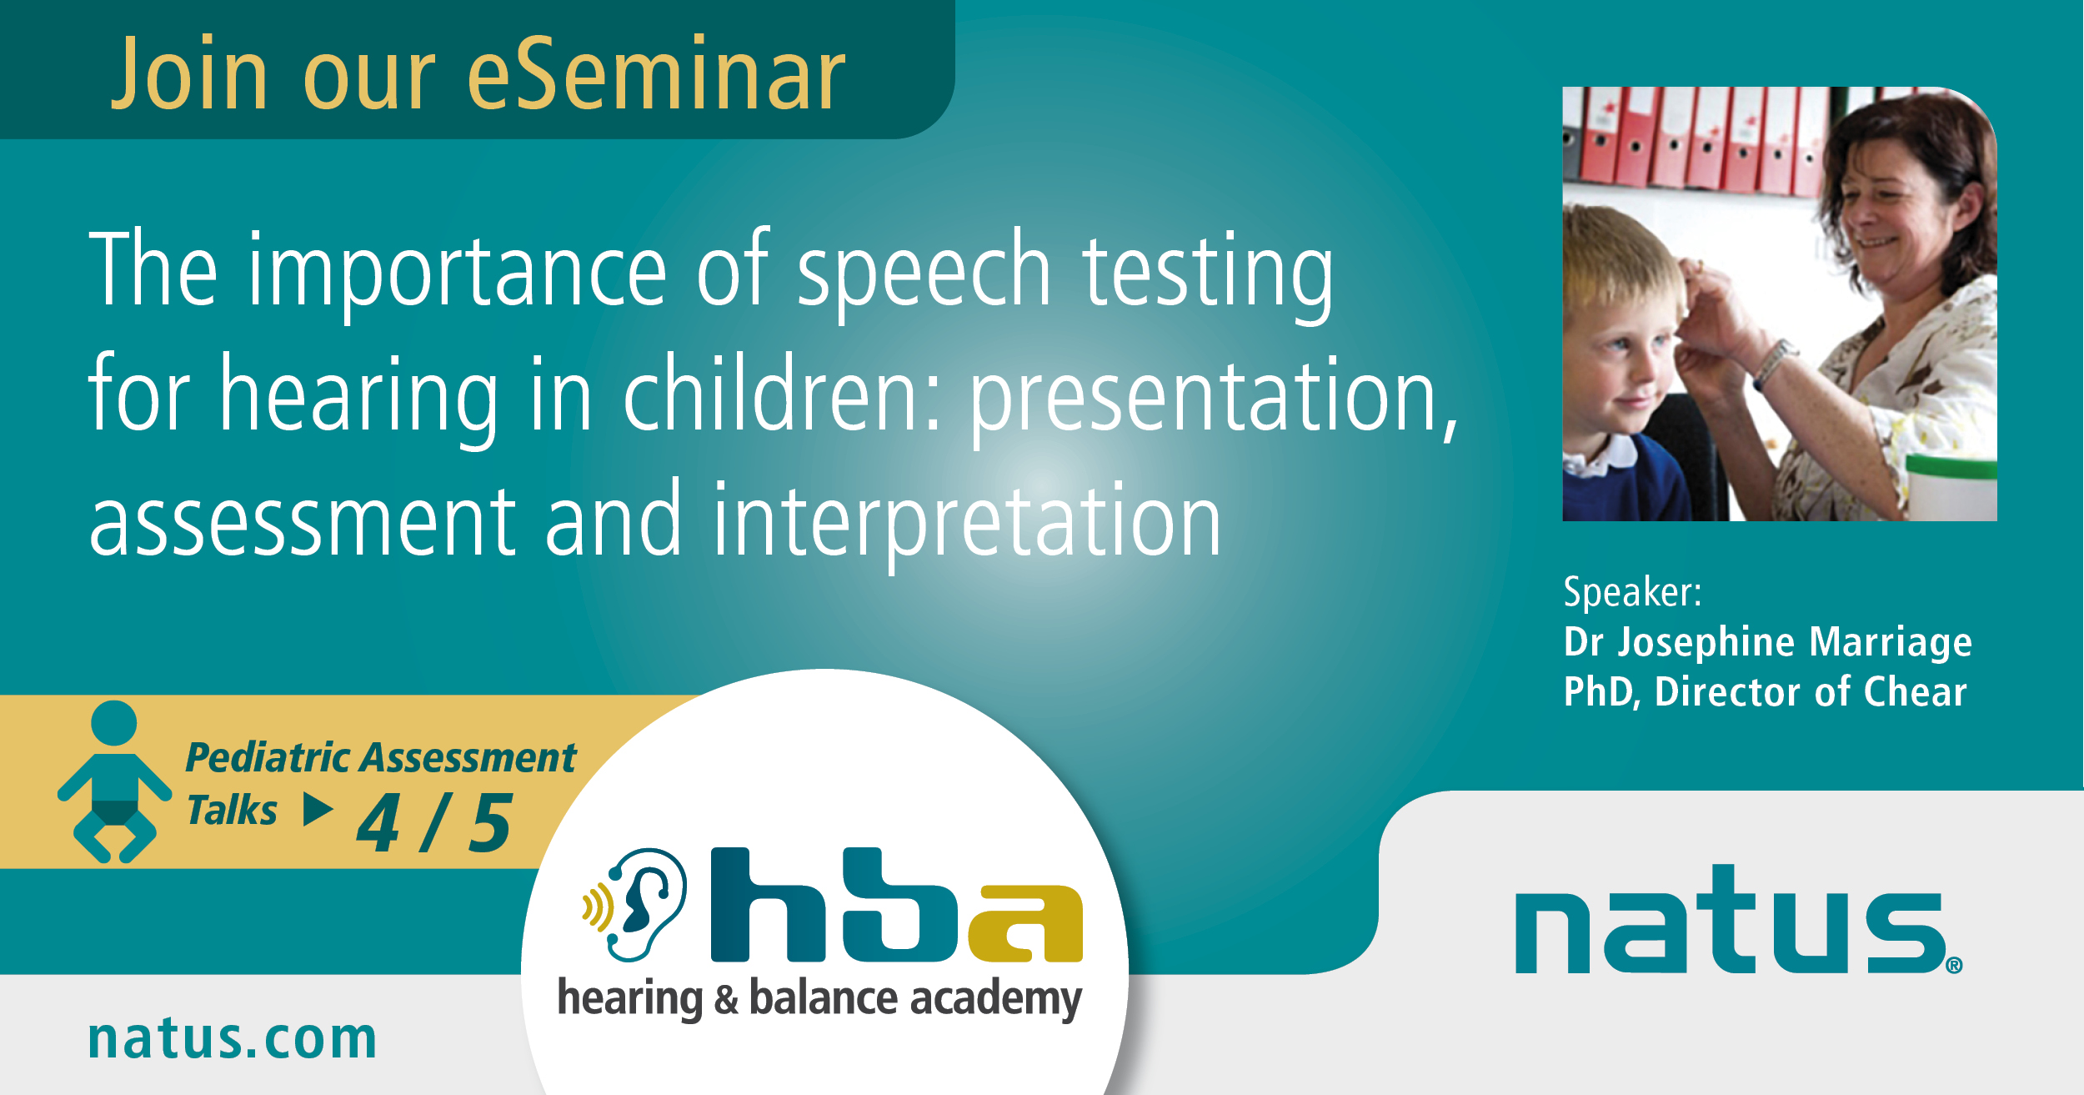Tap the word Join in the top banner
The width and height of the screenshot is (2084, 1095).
pyautogui.click(x=189, y=73)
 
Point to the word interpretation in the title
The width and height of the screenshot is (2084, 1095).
pyautogui.click(x=967, y=523)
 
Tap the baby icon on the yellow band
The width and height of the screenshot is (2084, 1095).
pyautogui.click(x=114, y=781)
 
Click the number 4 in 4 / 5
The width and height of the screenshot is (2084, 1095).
pyautogui.click(x=379, y=823)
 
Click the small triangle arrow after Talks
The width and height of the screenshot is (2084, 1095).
pyautogui.click(x=318, y=809)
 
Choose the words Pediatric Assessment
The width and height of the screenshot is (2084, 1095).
pyautogui.click(x=381, y=758)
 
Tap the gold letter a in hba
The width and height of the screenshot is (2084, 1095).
pyautogui.click(x=1025, y=923)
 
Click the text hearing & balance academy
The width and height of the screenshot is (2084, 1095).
pyautogui.click(x=819, y=998)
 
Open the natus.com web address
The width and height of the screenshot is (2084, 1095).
pyautogui.click(x=233, y=1039)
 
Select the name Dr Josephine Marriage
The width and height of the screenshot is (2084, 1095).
pyautogui.click(x=1768, y=642)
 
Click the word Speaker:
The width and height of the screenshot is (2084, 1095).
pyautogui.click(x=1632, y=592)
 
